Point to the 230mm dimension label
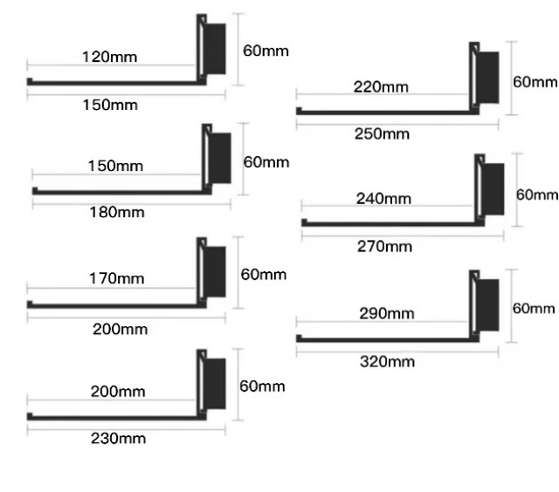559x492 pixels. click(118, 438)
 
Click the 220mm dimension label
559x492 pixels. click(381, 87)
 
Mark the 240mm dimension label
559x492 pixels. click(384, 199)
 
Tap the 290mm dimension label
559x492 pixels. click(387, 313)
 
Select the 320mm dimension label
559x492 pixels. click(388, 361)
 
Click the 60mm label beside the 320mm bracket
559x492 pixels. click(533, 308)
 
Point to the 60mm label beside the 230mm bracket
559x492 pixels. click(262, 386)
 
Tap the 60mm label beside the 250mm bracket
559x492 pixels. click(534, 82)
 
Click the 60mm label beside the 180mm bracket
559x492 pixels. click(266, 162)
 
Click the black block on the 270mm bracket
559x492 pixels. click(493, 191)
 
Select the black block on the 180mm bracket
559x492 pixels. click(220, 158)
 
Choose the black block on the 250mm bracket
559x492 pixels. click(488, 77)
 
